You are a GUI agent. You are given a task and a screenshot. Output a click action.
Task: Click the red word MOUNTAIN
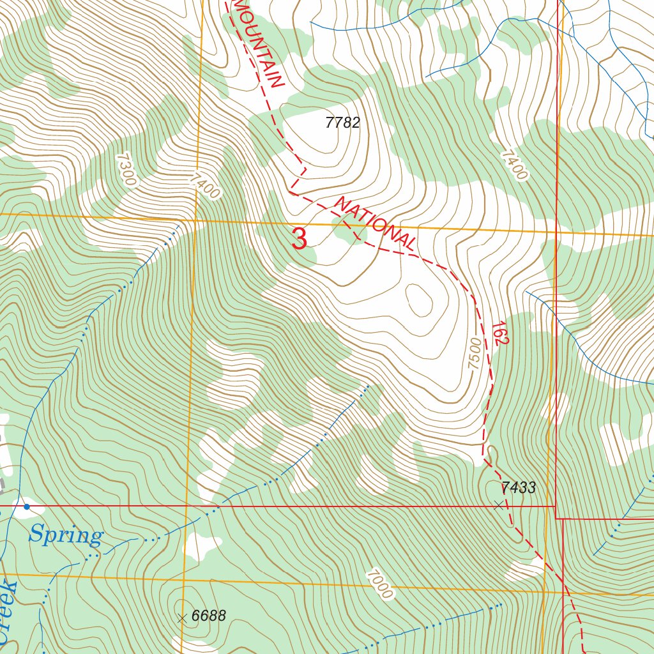pyautogui.click(x=259, y=43)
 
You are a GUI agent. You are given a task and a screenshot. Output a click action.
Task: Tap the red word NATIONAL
pyautogui.click(x=376, y=224)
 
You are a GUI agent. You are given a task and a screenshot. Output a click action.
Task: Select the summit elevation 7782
pyautogui.click(x=342, y=123)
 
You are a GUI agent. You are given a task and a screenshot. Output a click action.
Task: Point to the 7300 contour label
pyautogui.click(x=126, y=169)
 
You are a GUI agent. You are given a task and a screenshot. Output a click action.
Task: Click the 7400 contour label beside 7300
pyautogui.click(x=205, y=185)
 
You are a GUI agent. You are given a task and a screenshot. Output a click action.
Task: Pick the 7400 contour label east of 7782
pyautogui.click(x=515, y=165)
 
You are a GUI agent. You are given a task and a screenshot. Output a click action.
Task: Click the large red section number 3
pyautogui.click(x=300, y=240)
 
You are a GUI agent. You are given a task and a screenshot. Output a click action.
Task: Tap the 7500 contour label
pyautogui.click(x=474, y=353)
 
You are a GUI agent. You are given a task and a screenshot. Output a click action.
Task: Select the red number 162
pyautogui.click(x=499, y=333)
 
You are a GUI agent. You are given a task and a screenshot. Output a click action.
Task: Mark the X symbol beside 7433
pyautogui.click(x=499, y=505)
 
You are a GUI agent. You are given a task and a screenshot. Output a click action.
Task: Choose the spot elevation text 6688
pyautogui.click(x=209, y=616)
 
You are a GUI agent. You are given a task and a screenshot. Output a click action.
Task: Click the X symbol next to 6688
pyautogui.click(x=182, y=618)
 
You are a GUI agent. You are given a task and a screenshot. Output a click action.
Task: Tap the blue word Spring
pyautogui.click(x=65, y=535)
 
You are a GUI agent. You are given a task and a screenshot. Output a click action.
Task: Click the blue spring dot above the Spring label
pyautogui.click(x=27, y=506)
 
